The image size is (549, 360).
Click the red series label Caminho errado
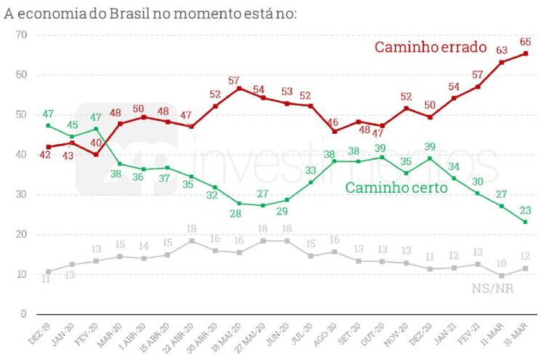pyautogui.click(x=430, y=47)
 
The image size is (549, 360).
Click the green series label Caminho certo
pyautogui.click(x=396, y=188)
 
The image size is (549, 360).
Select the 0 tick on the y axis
pyautogui.click(x=23, y=314)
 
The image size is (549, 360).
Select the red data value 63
pyautogui.click(x=502, y=50)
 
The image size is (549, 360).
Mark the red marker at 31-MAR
pyautogui.click(x=526, y=53)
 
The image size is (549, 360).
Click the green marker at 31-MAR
pyautogui.click(x=526, y=222)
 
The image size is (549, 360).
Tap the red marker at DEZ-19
pyautogui.click(x=48, y=147)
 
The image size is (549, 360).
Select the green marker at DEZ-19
pyautogui.click(x=48, y=126)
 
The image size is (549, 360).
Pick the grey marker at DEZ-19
pyautogui.click(x=48, y=271)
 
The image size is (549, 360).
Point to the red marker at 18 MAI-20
pyautogui.click(x=239, y=88)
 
